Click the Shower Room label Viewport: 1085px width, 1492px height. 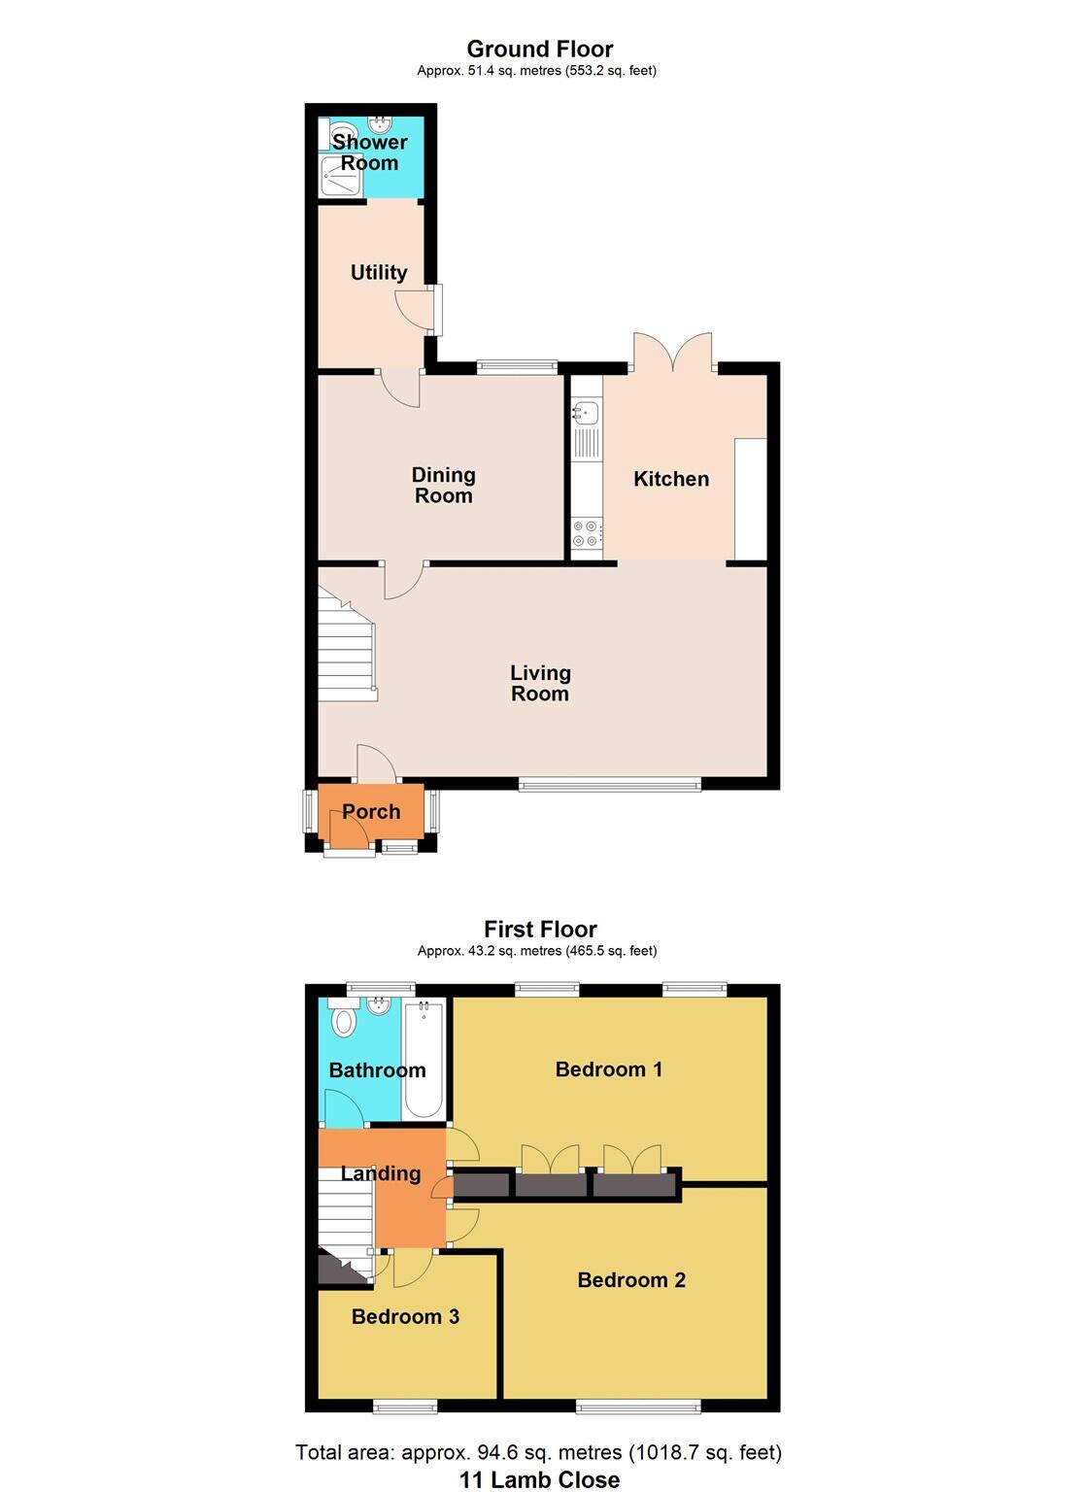pos(369,153)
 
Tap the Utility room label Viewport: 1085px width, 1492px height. pos(379,273)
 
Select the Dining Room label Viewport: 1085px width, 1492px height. pos(444,485)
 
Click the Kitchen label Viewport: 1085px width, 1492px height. pos(671,479)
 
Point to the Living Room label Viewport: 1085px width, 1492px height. pos(540,683)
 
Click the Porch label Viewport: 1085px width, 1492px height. pos(371,812)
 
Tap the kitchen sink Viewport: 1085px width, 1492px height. pos(585,414)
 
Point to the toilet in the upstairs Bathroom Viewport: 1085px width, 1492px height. pos(344,1021)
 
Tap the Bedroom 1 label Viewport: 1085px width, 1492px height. pos(609,1069)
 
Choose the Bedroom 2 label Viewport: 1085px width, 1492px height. pos(631,1280)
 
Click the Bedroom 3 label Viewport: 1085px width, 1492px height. pos(405,1317)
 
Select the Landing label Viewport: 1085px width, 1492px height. pos(381,1173)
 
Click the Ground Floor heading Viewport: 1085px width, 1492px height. pos(540,49)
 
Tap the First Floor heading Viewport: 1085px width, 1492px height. pos(540,930)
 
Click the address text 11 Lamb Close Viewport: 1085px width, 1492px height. pos(540,1479)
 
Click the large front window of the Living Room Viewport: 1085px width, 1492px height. pos(609,785)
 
